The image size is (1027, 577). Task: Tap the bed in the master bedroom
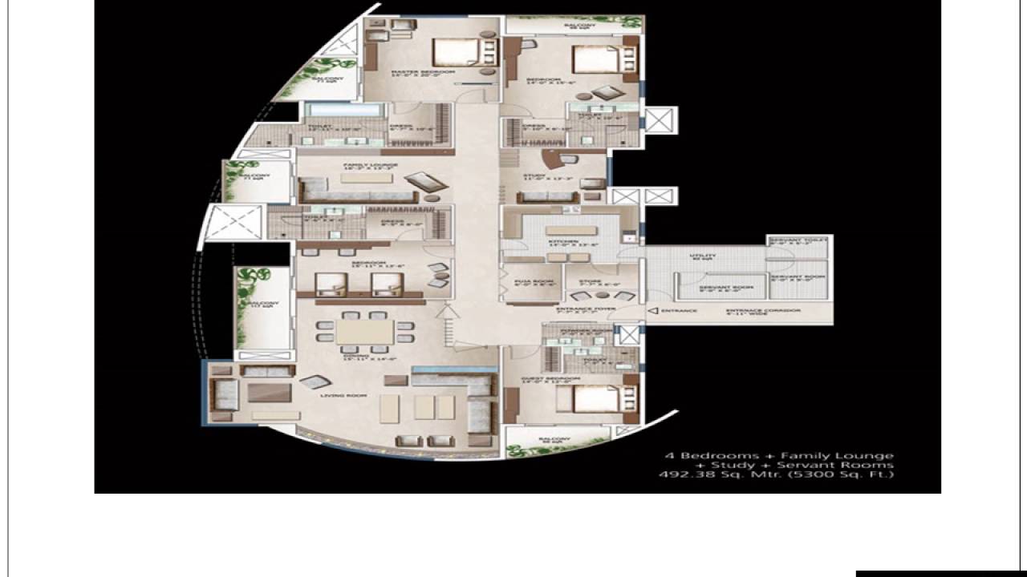[455, 52]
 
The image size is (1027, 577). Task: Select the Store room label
[591, 281]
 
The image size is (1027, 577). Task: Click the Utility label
[703, 256]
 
